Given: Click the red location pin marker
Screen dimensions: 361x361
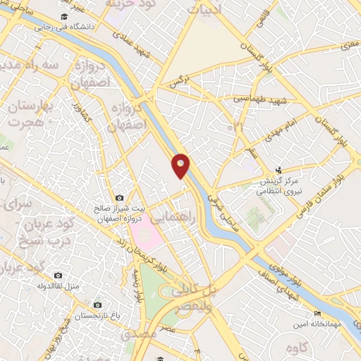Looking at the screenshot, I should (x=181, y=165).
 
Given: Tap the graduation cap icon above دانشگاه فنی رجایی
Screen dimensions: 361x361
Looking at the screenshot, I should (x=65, y=16).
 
